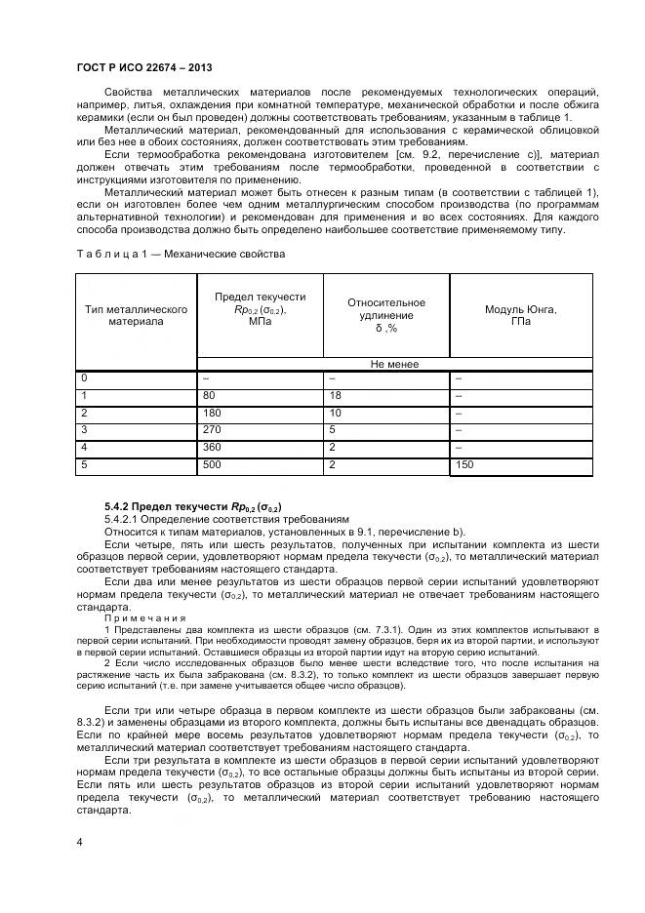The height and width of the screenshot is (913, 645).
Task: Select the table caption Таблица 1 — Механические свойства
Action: (x=181, y=254)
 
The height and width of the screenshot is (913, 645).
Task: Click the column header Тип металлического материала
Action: (x=137, y=315)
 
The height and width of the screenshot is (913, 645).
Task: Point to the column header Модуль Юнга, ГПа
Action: (x=520, y=315)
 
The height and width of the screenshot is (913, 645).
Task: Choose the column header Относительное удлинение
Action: (x=385, y=315)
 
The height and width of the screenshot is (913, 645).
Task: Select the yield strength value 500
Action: (x=211, y=466)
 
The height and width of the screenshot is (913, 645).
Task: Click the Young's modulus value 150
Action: (x=464, y=466)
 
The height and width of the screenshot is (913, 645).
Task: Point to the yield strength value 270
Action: (x=211, y=430)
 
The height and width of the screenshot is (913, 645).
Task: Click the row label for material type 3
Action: (x=85, y=430)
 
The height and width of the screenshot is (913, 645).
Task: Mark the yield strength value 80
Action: (x=208, y=395)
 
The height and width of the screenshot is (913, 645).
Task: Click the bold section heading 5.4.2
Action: (x=193, y=507)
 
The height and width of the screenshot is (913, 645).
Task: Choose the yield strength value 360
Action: (x=211, y=448)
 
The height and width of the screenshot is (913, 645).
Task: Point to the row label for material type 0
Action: (x=85, y=377)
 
